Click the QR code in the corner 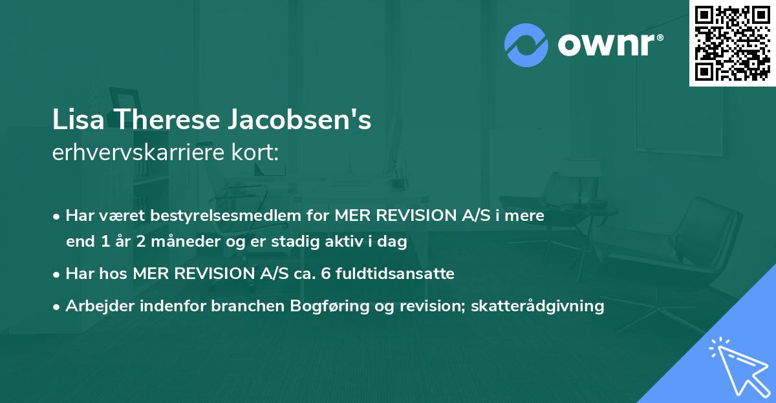tap(732, 43)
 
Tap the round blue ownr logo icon tap(526, 45)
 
